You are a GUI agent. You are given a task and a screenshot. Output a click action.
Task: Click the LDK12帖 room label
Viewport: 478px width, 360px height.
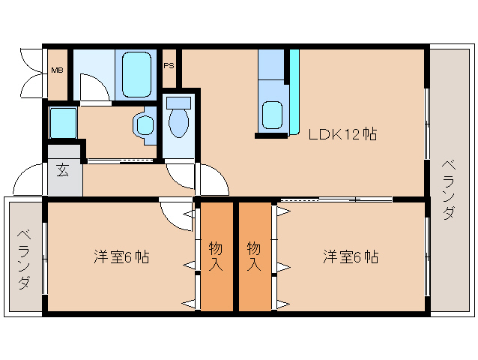point(342,135)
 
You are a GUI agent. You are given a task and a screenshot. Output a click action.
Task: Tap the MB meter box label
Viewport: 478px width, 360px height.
point(57,70)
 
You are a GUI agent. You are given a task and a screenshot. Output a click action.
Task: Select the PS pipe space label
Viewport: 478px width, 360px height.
point(169,65)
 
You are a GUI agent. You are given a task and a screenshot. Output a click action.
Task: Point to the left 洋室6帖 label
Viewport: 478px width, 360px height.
point(121,256)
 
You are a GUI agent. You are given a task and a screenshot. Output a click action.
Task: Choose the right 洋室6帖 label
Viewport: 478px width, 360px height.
point(351,256)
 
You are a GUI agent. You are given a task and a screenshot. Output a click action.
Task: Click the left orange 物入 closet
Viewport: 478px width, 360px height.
point(216,256)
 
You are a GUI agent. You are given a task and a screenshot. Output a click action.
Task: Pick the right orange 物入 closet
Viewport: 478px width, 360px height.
point(254,256)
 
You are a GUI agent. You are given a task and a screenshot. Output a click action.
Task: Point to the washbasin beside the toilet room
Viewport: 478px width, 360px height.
point(143,124)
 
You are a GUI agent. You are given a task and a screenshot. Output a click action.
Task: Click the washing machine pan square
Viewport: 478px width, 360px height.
point(63,122)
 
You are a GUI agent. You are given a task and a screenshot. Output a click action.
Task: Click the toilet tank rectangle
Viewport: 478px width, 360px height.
point(178,102)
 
